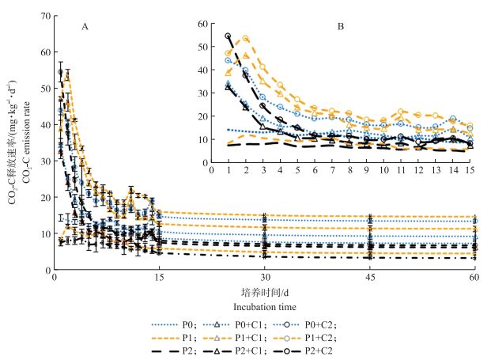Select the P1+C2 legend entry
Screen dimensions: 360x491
tap(320, 336)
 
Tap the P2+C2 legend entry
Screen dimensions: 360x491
tap(320, 349)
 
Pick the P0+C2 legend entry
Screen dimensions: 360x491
tap(320, 324)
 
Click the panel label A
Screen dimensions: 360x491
tap(84, 27)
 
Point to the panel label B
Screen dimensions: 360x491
tap(340, 27)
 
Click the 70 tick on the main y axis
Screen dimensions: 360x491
tap(46, 16)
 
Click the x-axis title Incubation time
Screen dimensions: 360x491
tap(263, 306)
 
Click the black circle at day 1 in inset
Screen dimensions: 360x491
tap(229, 36)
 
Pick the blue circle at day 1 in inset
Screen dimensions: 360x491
tap(229, 60)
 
